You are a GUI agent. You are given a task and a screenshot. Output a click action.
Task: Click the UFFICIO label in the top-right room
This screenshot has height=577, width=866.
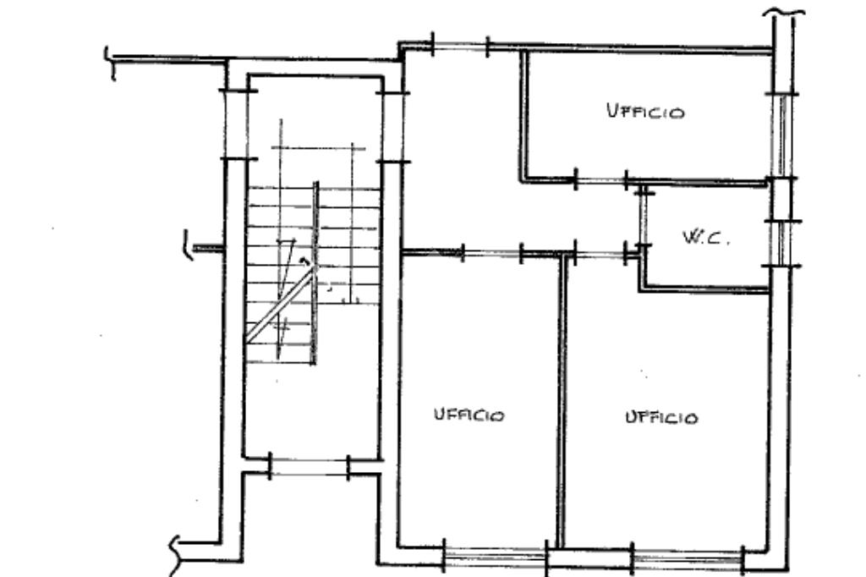tap(645, 111)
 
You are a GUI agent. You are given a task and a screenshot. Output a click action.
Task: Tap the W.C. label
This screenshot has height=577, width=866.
tap(706, 237)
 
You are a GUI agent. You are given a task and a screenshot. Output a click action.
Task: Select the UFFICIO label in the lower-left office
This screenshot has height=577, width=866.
tap(469, 415)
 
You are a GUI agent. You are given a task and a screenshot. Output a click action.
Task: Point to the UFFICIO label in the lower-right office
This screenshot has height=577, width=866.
tap(661, 417)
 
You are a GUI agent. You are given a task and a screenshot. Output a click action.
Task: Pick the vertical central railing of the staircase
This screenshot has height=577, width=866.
tap(315, 272)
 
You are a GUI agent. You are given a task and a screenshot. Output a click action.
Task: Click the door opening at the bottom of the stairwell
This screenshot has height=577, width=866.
tap(310, 467)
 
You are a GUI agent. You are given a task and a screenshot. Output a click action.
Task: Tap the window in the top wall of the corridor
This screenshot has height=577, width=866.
tap(460, 46)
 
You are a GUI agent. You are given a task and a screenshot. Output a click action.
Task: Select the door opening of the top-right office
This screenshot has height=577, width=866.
tap(601, 180)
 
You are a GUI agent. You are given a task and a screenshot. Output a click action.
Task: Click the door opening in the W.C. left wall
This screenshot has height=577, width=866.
tap(643, 219)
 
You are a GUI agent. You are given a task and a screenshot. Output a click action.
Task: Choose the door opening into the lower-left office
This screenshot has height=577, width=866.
tap(491, 253)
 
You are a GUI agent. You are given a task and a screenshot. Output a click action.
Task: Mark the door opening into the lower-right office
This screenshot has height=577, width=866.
tap(600, 254)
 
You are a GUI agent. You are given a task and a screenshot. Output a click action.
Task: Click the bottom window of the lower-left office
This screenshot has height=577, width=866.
tap(496, 555)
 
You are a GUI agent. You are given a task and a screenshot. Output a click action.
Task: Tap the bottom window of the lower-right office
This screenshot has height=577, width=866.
tap(688, 557)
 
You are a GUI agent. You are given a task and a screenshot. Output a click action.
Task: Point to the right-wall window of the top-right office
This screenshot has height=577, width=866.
tap(781, 136)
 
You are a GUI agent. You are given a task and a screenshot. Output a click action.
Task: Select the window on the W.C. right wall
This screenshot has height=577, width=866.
tap(781, 243)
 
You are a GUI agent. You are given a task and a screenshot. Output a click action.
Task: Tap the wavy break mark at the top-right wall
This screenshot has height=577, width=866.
tap(784, 11)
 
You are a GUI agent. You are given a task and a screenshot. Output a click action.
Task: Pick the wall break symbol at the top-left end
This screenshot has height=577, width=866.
tap(111, 63)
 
